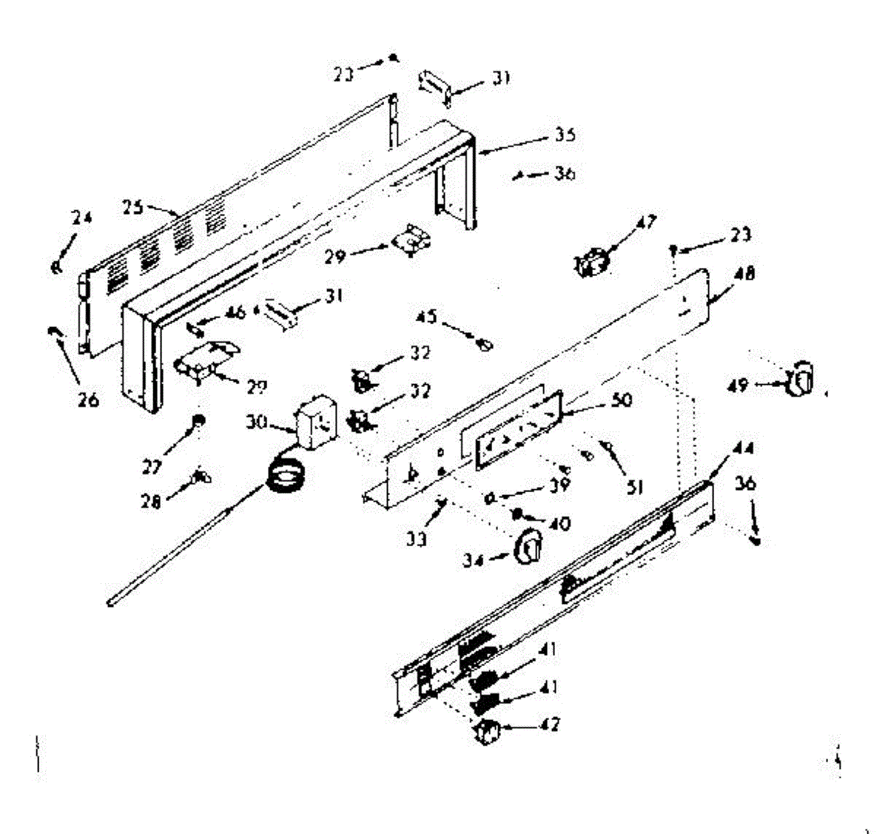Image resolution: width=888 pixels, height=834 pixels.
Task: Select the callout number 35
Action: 565,135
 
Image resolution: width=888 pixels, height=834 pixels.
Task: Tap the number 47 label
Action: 646,221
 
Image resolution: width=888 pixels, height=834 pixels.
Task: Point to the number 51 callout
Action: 634,487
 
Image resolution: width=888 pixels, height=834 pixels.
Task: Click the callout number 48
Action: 745,274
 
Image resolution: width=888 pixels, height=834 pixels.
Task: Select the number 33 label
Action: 417,539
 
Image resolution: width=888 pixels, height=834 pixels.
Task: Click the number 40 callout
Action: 560,523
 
